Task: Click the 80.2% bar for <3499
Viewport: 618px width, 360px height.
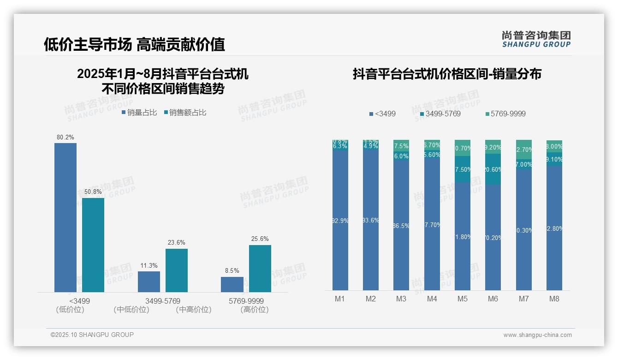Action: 65,217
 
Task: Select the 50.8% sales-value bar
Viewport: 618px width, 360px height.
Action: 93,245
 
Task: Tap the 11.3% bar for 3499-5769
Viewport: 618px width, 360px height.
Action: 149,282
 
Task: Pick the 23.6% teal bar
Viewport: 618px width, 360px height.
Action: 177,270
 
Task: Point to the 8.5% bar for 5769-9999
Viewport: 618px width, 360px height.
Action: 232,284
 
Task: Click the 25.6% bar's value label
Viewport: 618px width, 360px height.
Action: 260,239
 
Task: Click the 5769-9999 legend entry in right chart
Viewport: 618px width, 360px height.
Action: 505,114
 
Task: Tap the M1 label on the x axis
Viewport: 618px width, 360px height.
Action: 340,299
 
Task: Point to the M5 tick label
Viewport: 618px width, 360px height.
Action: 462,299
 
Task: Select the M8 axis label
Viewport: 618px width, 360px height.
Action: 554,299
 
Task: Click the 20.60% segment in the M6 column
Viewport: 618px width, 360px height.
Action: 493,169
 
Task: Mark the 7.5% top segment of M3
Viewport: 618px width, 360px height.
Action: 401,146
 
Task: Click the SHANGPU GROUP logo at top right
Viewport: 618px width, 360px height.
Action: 536,39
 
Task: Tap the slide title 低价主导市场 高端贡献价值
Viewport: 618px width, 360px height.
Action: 134,44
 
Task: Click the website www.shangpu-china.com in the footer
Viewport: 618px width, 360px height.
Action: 537,335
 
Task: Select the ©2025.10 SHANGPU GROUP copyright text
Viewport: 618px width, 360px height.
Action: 92,335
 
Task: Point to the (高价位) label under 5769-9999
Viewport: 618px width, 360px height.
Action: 254,310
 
